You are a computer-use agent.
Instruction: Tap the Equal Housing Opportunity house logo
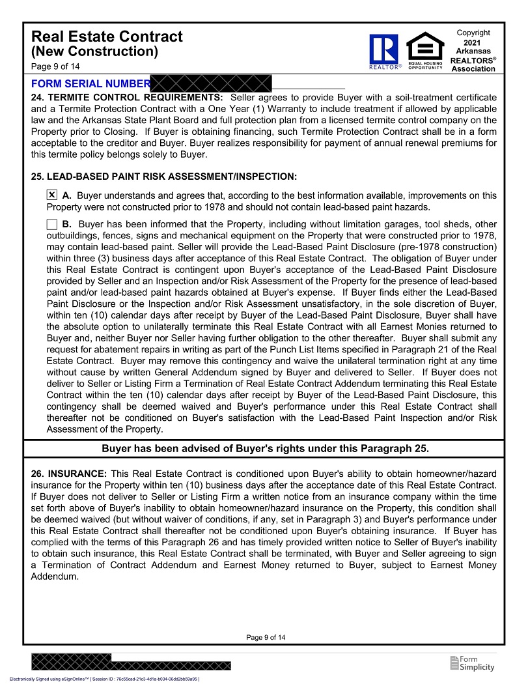425,47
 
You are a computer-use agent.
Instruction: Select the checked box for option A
52,195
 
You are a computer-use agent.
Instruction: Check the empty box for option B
52,225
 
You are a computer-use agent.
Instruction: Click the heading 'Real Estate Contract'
107,36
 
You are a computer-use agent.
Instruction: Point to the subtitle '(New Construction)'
94,51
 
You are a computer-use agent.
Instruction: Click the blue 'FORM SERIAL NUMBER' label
90,84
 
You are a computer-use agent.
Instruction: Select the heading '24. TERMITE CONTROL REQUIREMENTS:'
127,98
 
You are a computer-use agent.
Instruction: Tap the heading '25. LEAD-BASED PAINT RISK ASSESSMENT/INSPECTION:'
164,177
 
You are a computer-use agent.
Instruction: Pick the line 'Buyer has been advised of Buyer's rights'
265,448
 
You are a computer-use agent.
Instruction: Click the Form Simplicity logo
472,663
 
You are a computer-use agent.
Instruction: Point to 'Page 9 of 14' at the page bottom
266,637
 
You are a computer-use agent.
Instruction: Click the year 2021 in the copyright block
473,42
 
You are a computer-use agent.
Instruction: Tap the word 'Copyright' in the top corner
473,33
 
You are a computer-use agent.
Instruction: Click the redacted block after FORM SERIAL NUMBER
211,83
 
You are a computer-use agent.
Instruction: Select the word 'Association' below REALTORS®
473,69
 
